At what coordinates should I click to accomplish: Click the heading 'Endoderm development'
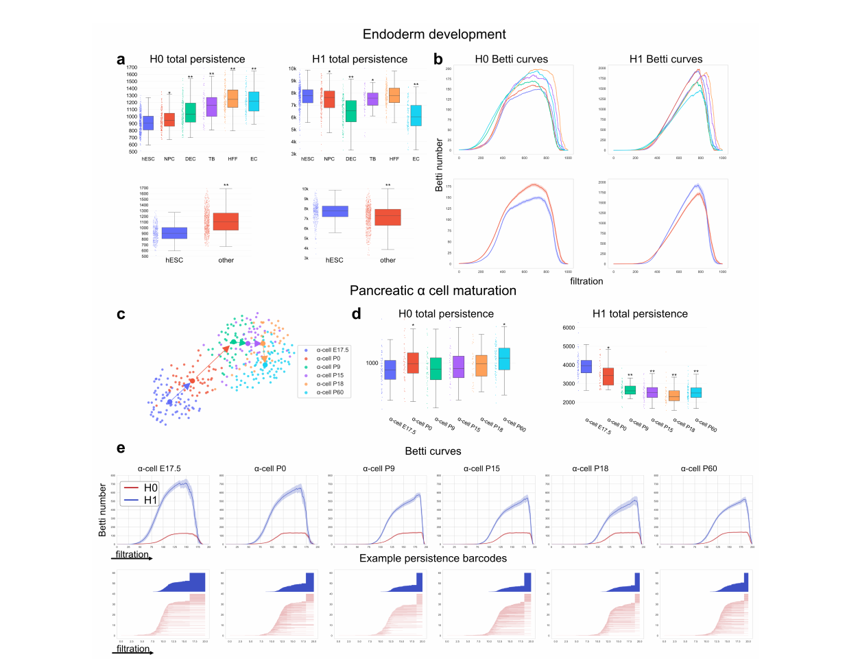(x=434, y=34)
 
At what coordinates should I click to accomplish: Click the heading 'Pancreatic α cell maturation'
(x=433, y=291)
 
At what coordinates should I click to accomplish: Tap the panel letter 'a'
(x=121, y=60)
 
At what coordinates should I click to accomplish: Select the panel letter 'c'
(x=121, y=315)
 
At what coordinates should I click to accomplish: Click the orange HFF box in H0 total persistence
(x=232, y=99)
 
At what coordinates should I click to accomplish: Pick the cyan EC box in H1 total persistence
(x=416, y=115)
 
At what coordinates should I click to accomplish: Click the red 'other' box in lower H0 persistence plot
(x=226, y=221)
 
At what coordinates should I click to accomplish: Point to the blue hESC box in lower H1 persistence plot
(x=335, y=211)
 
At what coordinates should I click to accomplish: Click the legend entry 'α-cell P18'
(x=330, y=384)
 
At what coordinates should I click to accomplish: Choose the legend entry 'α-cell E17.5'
(x=332, y=350)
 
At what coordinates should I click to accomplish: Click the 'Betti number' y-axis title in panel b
(x=440, y=164)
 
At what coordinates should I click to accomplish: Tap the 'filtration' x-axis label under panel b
(x=586, y=281)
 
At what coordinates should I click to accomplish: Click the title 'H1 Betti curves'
(x=665, y=59)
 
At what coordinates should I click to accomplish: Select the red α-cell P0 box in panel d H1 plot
(x=608, y=376)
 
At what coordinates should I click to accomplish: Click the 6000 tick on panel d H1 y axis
(x=569, y=328)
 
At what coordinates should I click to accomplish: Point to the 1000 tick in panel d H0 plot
(x=372, y=363)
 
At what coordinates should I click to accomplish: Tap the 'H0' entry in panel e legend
(x=150, y=488)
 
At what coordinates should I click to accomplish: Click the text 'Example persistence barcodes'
(x=433, y=558)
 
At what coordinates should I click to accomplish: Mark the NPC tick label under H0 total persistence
(x=169, y=159)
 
